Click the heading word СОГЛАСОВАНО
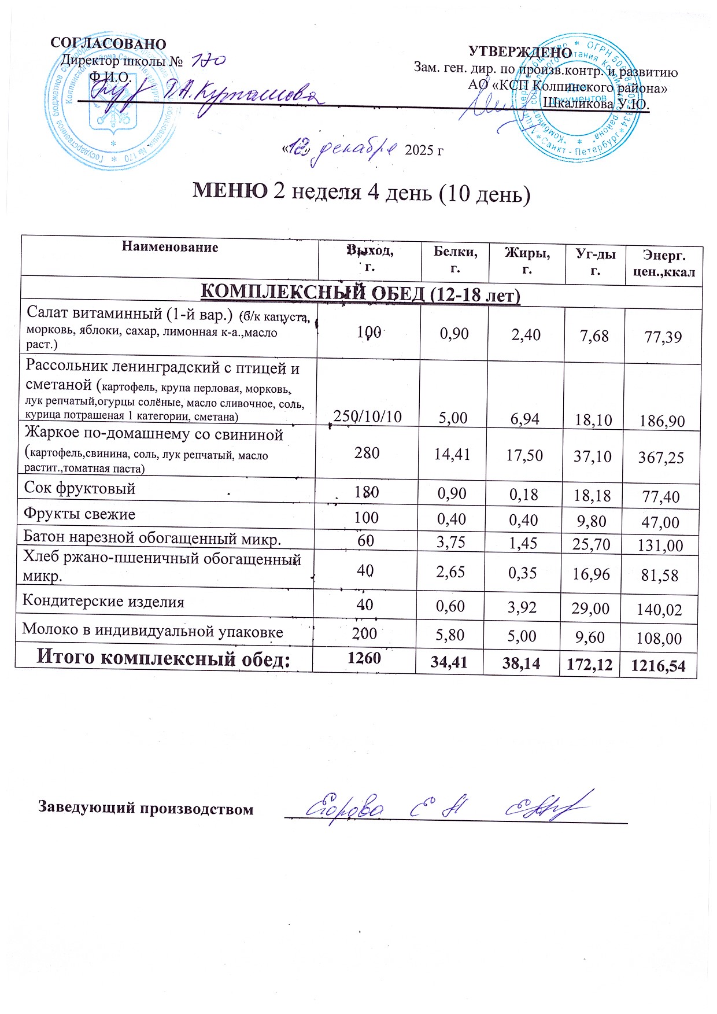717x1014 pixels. pyautogui.click(x=108, y=44)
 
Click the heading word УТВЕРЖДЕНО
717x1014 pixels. pyautogui.click(x=520, y=52)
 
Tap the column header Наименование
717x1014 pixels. pyautogui.click(x=170, y=248)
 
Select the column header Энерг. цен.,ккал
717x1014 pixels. pyautogui.click(x=664, y=264)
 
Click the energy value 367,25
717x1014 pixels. pyautogui.click(x=661, y=458)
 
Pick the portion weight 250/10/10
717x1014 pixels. pyautogui.click(x=368, y=416)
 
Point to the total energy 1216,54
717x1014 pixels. pyautogui.click(x=659, y=666)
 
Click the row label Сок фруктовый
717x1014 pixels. pyautogui.click(x=80, y=488)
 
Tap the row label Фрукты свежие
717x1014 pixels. pyautogui.click(x=79, y=514)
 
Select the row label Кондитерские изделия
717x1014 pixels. pyautogui.click(x=104, y=602)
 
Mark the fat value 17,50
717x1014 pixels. pyautogui.click(x=524, y=455)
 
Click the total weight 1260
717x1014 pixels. pyautogui.click(x=364, y=658)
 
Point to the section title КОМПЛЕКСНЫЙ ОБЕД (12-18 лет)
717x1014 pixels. pyautogui.click(x=360, y=294)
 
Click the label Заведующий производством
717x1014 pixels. pyautogui.click(x=146, y=808)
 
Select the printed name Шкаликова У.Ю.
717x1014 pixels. pyautogui.click(x=596, y=105)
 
